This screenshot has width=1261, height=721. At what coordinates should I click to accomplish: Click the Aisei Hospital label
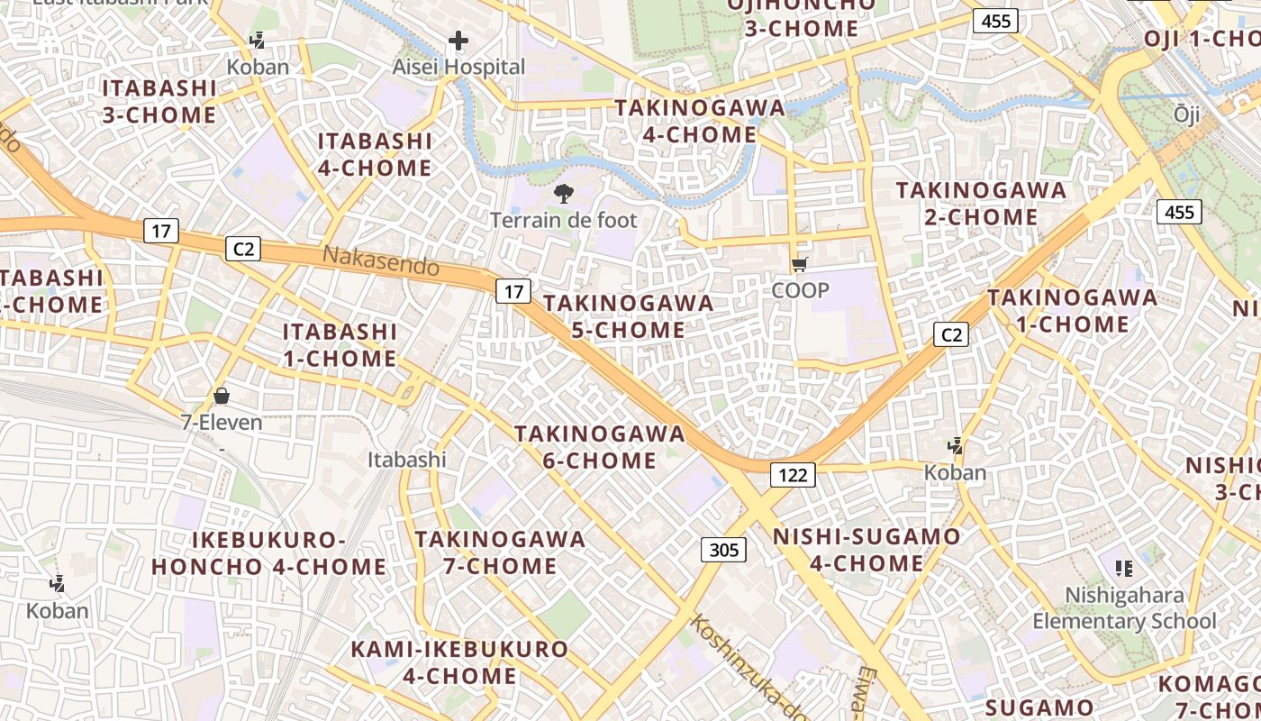point(458,67)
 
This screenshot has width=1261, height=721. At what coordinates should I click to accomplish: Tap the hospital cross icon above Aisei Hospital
point(458,41)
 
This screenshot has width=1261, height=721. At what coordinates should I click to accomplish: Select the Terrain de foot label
point(563,220)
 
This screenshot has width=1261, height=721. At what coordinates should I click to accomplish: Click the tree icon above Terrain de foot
point(564,193)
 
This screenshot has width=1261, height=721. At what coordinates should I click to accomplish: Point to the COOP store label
point(800,290)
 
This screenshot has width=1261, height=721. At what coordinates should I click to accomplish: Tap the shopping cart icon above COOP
point(799,264)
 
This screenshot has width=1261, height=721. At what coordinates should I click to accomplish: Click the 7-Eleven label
point(222,422)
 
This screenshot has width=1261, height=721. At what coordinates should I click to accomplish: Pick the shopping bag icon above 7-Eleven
point(222,396)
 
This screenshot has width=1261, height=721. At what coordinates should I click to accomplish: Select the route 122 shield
point(793,474)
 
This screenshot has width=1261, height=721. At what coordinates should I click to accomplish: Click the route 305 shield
point(723,550)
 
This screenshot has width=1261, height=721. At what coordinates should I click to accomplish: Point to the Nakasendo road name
point(381,260)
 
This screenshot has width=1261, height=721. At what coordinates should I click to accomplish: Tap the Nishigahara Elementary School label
point(1124,608)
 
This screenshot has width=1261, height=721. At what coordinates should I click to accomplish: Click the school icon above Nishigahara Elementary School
point(1123,568)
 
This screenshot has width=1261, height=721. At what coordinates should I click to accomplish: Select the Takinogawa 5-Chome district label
point(629,316)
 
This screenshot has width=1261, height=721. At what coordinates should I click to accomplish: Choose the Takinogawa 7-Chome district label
point(500,552)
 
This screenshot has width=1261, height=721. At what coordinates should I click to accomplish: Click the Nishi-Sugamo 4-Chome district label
point(866,550)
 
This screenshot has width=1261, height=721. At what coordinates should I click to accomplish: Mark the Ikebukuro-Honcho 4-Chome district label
point(268,553)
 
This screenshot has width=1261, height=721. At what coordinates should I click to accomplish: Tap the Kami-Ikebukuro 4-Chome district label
point(459,662)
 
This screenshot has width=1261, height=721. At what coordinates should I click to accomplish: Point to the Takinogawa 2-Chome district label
point(981,204)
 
